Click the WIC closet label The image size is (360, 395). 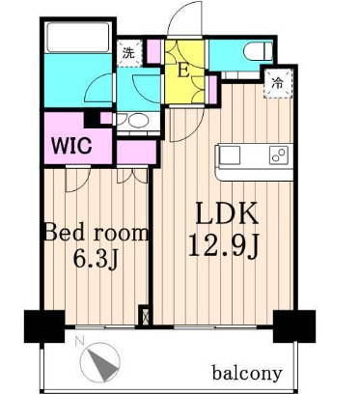72,146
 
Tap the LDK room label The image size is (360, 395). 227,213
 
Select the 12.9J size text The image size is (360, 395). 224,245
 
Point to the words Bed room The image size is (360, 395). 97,232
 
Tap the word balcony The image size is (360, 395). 247,373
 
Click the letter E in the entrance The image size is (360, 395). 183,71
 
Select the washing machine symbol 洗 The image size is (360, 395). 128,53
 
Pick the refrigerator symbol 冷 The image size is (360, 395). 277,83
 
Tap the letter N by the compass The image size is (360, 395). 78,341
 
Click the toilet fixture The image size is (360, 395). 258,51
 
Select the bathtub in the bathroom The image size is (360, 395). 77,37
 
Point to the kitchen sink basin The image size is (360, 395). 230,155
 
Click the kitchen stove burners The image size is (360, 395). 279,155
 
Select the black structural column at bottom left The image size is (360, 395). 44,326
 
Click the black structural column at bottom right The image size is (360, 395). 294,326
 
